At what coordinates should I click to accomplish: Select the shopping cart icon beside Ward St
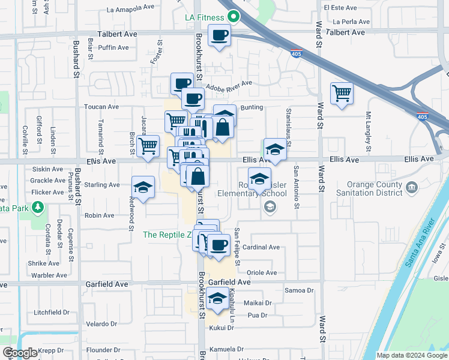[341, 94]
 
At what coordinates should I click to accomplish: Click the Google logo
[20, 353]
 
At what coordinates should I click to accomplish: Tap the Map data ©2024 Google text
[412, 355]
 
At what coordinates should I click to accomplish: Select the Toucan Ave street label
[101, 107]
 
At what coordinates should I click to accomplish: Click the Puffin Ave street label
[113, 47]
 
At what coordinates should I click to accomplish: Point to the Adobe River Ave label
[229, 85]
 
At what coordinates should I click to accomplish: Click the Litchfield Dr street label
[52, 313]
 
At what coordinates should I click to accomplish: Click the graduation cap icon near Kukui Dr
[216, 298]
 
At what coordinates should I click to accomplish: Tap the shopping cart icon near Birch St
[148, 146]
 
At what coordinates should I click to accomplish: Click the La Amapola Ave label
[130, 9]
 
